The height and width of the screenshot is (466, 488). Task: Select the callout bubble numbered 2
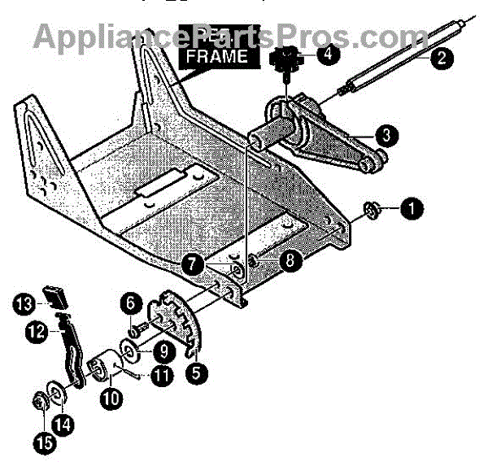[440, 57]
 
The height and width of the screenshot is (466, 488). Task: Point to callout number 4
[327, 55]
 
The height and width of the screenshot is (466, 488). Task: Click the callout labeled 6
[128, 303]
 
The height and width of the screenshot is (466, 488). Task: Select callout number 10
[112, 398]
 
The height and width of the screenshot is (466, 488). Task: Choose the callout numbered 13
[22, 303]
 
